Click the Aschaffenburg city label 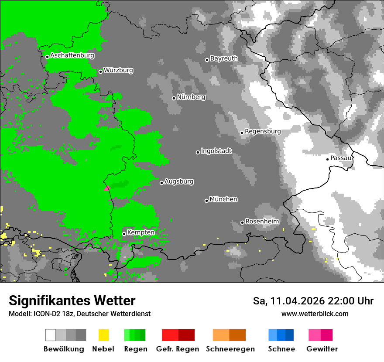[72, 55]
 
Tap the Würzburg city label [118, 70]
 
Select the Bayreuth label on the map [224, 58]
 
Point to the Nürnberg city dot [174, 98]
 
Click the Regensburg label [263, 131]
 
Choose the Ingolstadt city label [216, 151]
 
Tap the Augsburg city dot [161, 183]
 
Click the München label [223, 199]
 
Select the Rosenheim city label [262, 222]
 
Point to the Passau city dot [327, 159]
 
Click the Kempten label [141, 232]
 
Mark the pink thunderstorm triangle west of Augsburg [107, 188]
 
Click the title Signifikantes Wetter [72, 301]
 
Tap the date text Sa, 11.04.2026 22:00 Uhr [313, 301]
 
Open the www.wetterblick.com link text [315, 314]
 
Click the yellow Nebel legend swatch [103, 335]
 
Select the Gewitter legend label [322, 349]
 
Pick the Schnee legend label [281, 349]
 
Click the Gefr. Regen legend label [178, 349]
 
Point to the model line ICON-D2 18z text [79, 314]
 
